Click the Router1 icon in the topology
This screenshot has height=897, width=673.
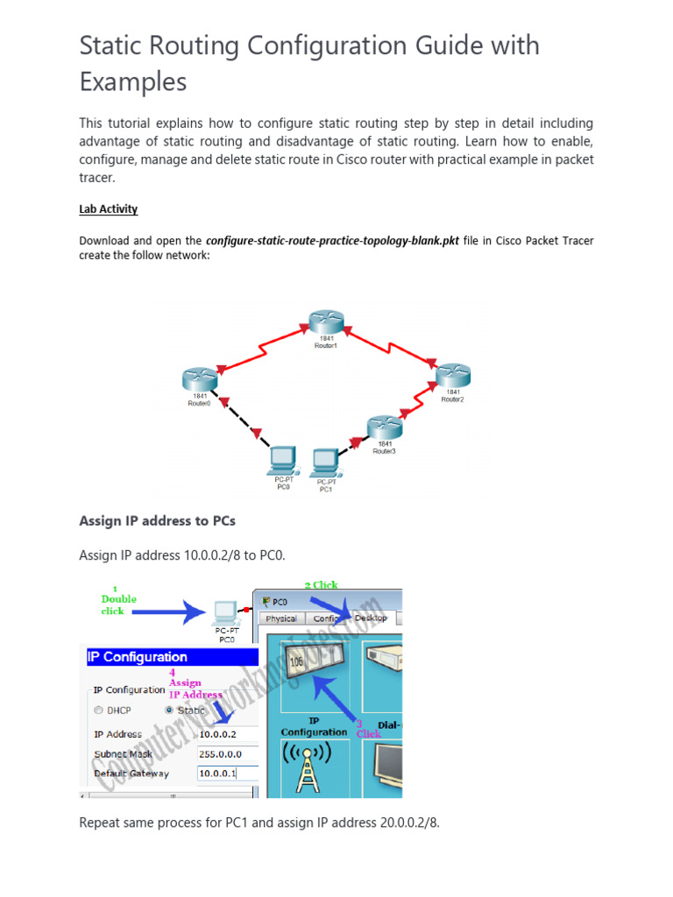coord(325,322)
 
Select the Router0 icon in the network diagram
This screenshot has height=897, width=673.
coord(199,379)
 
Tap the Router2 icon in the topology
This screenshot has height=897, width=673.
coord(453,374)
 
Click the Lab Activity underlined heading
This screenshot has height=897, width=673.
coord(109,209)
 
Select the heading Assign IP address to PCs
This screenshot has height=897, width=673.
coord(157,520)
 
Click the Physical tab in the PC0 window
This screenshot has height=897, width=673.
coord(280,618)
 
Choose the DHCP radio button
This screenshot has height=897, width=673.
coord(99,710)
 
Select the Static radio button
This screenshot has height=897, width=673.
coord(170,710)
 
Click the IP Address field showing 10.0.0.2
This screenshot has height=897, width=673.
coord(227,734)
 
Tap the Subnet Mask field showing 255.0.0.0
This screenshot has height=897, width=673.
coord(227,753)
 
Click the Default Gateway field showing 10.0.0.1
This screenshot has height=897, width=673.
coord(227,773)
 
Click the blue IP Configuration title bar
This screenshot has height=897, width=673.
coord(170,657)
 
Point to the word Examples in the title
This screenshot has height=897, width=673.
coord(133,82)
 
